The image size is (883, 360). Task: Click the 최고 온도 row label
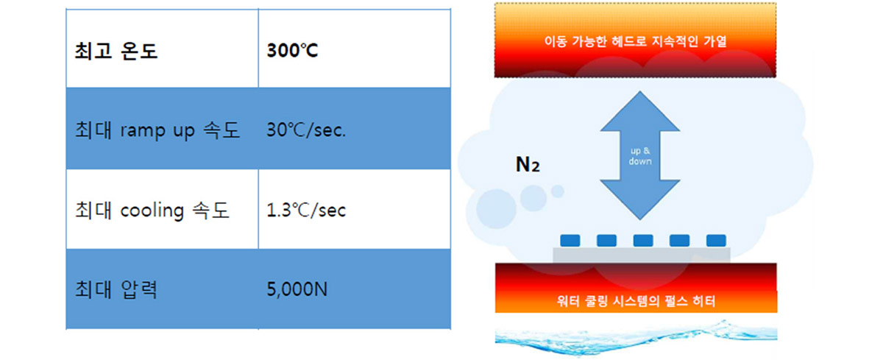[x=116, y=51]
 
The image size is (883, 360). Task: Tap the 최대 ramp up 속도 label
[x=157, y=130]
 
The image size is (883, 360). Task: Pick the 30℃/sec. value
[x=306, y=130]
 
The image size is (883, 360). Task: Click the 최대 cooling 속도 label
[x=152, y=210]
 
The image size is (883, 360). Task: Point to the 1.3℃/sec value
[x=306, y=210]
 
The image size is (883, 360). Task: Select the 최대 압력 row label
[x=116, y=290]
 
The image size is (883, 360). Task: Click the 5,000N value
[x=297, y=289]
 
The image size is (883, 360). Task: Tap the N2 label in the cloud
[x=528, y=164]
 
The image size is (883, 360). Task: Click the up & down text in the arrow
[x=640, y=156]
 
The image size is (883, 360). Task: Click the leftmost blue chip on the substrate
[x=570, y=241]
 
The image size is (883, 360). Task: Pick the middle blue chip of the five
[x=643, y=241]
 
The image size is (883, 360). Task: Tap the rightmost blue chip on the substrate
[x=716, y=241]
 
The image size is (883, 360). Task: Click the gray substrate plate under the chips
[x=642, y=255]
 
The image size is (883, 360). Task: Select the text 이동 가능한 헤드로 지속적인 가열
[x=635, y=41]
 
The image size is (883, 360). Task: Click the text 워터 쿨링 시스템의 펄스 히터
[x=636, y=301]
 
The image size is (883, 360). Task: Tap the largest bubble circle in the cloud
[x=496, y=209]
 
